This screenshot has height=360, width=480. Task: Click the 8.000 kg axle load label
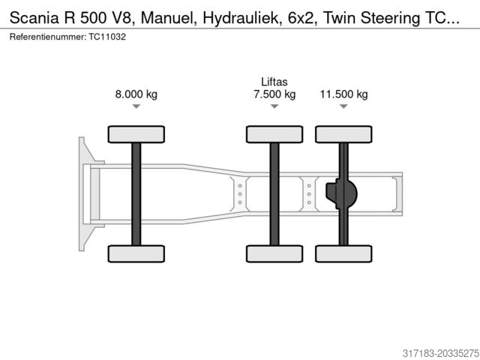click(136, 94)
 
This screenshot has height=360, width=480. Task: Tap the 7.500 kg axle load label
click(274, 94)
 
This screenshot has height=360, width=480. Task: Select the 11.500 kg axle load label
click(343, 94)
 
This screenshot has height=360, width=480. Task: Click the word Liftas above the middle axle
click(274, 82)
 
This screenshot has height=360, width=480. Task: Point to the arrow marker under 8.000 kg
click(136, 106)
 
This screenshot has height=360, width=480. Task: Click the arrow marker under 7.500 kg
click(274, 106)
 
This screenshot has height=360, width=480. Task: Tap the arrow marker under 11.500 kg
click(343, 106)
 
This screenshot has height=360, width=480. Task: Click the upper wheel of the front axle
click(136, 134)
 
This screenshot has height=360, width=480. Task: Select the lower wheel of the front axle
click(136, 253)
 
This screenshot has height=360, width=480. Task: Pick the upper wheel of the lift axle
click(274, 134)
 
